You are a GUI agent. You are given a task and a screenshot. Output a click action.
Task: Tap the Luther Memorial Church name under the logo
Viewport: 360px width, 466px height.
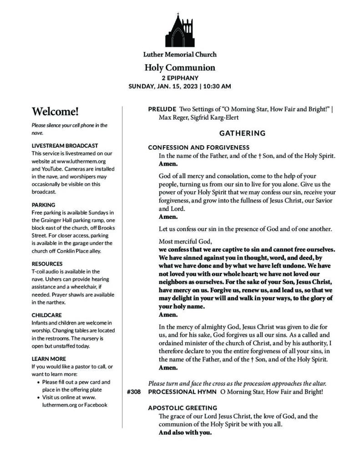180,55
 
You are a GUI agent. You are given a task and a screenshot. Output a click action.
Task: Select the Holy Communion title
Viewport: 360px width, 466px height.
180,68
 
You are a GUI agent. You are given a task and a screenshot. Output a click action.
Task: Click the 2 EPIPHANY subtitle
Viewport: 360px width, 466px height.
180,78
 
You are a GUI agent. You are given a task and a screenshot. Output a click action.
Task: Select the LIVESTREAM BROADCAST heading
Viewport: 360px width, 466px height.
65,146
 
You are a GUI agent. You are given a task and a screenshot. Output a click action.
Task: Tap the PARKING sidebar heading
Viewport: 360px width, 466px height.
43,205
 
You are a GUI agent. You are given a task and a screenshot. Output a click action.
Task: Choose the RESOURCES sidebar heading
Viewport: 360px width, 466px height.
47,263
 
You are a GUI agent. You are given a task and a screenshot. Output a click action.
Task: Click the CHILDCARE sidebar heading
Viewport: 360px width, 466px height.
47,315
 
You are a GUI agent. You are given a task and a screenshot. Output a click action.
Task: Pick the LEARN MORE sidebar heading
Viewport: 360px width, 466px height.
49,359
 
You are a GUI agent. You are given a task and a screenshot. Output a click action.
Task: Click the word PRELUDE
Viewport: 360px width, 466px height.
162,109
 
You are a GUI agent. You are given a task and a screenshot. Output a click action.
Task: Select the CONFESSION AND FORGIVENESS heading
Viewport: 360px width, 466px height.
198,147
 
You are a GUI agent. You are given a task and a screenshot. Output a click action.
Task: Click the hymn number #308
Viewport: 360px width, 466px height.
133,391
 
